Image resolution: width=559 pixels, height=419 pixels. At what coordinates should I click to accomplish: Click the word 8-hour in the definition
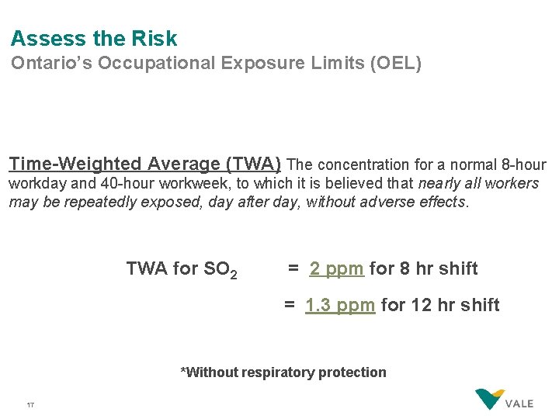pos(523,164)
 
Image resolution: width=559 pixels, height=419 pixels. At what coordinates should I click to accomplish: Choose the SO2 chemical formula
pos(220,270)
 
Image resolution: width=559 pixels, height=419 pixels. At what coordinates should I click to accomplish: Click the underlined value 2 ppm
pos(336,269)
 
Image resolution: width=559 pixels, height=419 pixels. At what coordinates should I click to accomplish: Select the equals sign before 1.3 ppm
pos(289,305)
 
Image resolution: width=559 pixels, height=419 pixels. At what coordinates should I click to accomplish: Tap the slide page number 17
pos(30,405)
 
